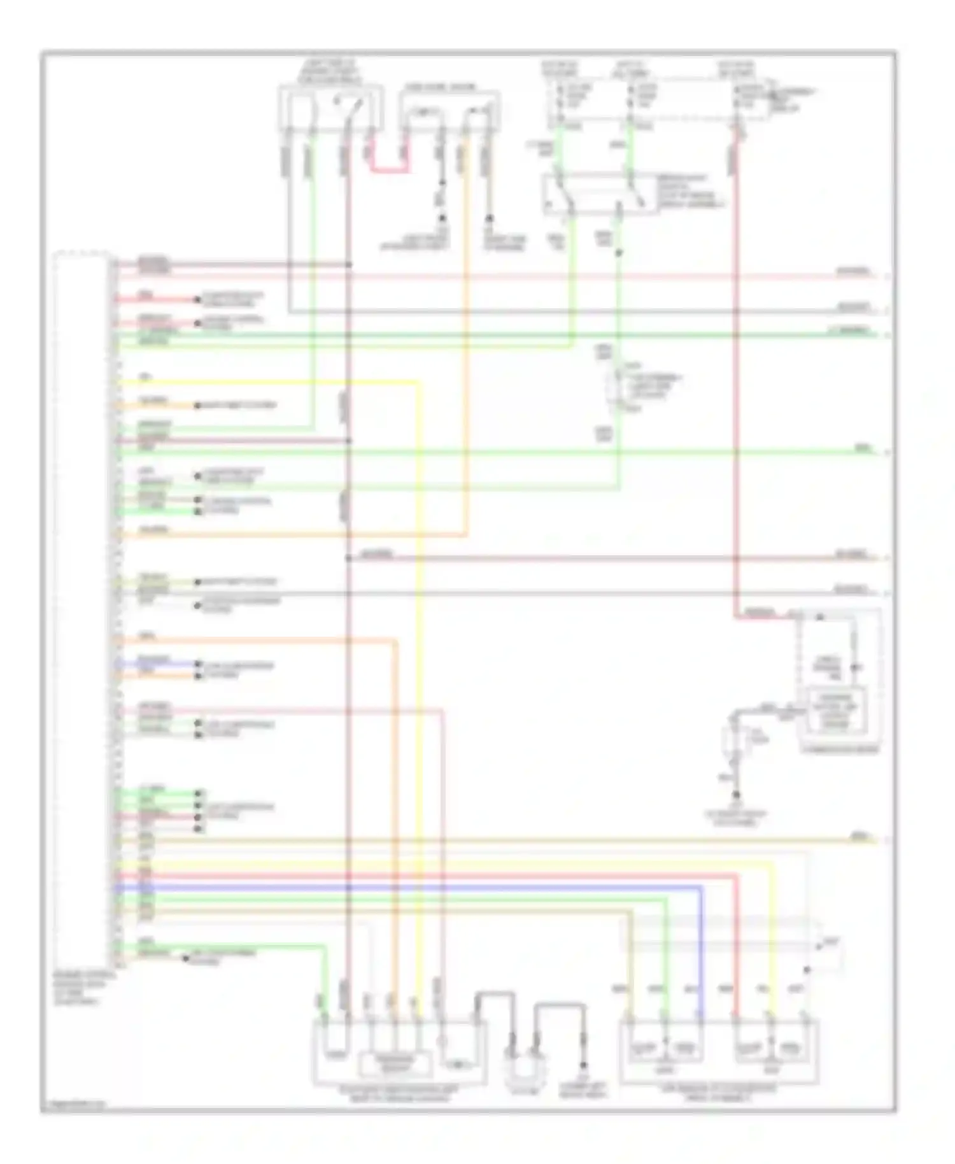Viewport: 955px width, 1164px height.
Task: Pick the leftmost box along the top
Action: [x=330, y=108]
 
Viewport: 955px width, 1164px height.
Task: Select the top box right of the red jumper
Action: [x=449, y=110]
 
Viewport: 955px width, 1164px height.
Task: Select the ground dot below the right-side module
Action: [x=736, y=795]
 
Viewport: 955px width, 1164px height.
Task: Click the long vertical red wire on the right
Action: [x=736, y=382]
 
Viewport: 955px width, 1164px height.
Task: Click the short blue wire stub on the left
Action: [x=156, y=664]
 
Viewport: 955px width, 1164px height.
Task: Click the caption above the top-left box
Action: [x=330, y=73]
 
